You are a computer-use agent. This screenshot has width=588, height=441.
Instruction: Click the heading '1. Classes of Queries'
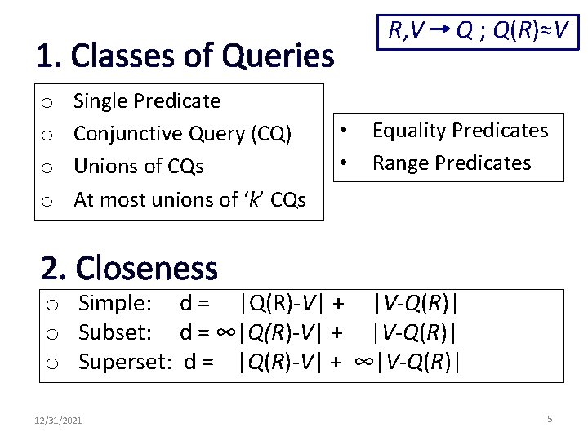click(x=185, y=56)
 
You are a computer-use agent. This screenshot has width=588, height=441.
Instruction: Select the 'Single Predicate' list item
click(x=147, y=101)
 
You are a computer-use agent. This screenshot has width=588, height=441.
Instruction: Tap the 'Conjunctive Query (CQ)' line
click(x=183, y=134)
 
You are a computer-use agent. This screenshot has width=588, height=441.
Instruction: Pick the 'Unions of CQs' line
click(x=138, y=167)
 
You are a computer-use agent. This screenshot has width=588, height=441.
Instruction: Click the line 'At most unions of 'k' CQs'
click(x=189, y=199)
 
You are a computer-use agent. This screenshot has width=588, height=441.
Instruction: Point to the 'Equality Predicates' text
click(x=460, y=131)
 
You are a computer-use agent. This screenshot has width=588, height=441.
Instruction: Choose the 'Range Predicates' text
click(x=451, y=163)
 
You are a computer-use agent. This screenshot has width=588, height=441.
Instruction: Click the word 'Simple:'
click(x=115, y=304)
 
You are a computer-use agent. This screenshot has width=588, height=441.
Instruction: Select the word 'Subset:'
click(x=115, y=332)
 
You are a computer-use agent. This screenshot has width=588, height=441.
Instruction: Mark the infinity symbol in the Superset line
click(x=363, y=361)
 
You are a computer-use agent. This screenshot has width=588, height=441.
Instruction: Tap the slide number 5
click(x=550, y=419)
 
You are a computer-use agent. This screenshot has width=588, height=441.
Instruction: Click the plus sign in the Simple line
click(x=335, y=304)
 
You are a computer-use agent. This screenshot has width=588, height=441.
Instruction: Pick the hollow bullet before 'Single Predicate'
click(x=48, y=102)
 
